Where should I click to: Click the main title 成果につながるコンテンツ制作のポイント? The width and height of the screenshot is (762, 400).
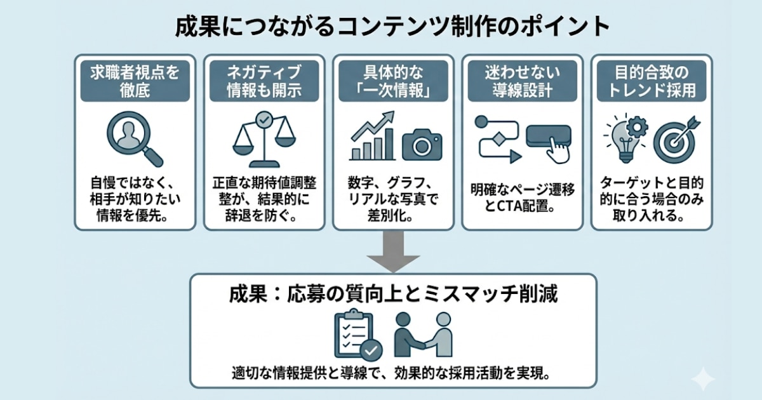tap(392, 27)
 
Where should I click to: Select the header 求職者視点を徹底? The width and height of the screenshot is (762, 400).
tap(134, 81)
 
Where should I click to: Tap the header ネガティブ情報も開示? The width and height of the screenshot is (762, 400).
tap(264, 81)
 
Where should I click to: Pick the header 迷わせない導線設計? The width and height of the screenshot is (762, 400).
tap(521, 81)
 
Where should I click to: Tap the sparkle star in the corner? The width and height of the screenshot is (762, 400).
tap(704, 380)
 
